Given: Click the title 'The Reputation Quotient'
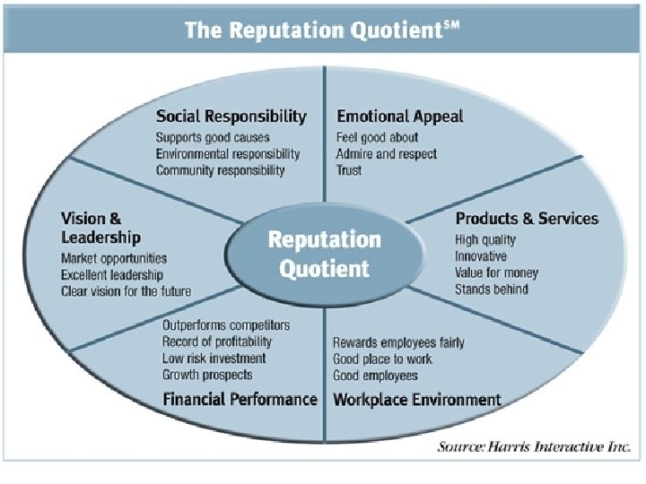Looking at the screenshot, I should click(x=321, y=30).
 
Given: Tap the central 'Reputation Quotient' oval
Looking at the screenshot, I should click(x=324, y=254).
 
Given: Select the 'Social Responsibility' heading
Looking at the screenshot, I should click(x=231, y=117).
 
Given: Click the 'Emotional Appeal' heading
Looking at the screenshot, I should click(x=400, y=117).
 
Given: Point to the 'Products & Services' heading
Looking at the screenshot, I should click(x=527, y=219).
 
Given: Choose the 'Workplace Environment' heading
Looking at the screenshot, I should click(x=416, y=400).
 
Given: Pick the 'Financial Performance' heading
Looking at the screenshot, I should click(x=240, y=400).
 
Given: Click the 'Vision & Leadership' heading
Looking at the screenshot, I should click(x=100, y=228).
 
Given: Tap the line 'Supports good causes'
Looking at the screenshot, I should click(x=213, y=138).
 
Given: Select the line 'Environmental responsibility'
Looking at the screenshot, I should click(x=228, y=154).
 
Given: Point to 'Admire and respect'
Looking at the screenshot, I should click(x=387, y=154).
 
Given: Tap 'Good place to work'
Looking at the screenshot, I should click(x=382, y=359).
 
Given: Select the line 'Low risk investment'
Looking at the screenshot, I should click(x=214, y=359).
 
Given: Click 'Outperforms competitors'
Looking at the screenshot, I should click(x=226, y=325).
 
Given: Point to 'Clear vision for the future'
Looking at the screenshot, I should click(x=126, y=291).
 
